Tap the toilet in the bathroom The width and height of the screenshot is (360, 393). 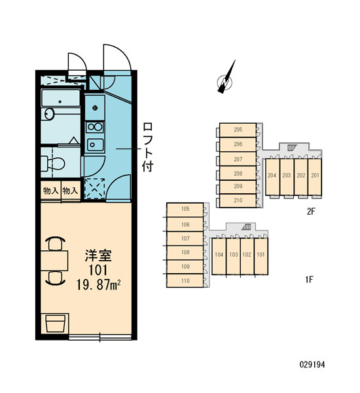(53, 163)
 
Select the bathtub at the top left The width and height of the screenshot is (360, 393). (61, 98)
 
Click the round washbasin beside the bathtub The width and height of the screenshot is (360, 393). (49, 114)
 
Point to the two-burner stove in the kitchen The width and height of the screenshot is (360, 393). (95, 127)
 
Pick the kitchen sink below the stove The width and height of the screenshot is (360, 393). (95, 145)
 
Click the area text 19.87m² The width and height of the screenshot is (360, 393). (98, 285)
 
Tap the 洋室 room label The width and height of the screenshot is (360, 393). (98, 255)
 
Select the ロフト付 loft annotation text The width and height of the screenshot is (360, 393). (148, 147)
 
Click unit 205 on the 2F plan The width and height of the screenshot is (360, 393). (238, 130)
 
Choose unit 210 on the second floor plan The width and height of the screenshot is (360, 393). (238, 200)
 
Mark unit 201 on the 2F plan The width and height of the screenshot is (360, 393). (315, 176)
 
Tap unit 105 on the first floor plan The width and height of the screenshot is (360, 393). (185, 210)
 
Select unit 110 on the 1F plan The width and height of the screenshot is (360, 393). (185, 281)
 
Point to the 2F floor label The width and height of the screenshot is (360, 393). (311, 212)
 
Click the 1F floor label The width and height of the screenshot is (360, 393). (310, 280)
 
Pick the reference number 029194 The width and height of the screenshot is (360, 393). (312, 364)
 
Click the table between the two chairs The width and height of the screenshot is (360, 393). (54, 261)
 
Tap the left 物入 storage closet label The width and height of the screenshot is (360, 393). (51, 191)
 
